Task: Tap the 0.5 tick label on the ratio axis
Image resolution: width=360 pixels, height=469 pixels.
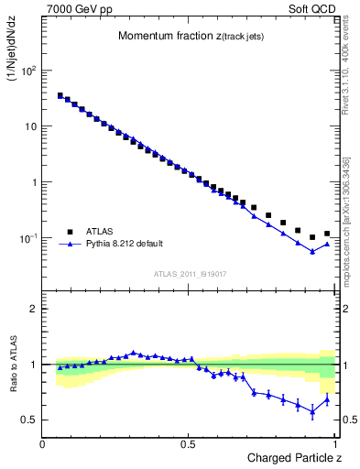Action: tap(30, 420)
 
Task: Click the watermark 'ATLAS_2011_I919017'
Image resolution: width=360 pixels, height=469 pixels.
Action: tap(190, 273)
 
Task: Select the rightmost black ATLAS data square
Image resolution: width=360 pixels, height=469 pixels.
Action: tap(327, 234)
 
